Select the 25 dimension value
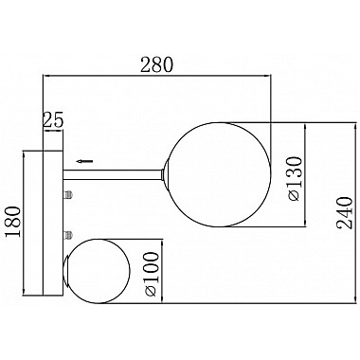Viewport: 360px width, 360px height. (53, 120)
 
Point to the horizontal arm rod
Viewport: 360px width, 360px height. (114, 173)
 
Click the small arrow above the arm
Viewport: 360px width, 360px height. (84, 161)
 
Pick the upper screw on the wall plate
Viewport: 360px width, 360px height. (68, 195)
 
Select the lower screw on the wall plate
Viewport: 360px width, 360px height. (68, 233)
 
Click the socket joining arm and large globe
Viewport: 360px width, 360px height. (167, 174)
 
